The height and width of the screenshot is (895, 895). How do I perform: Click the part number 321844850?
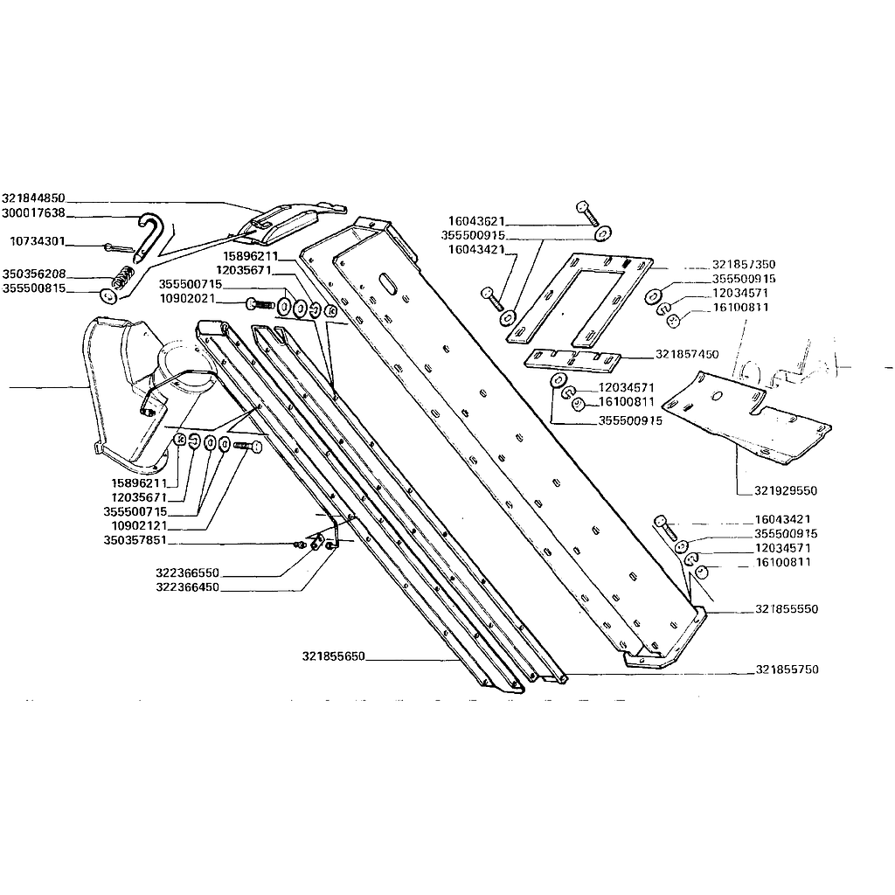[x=34, y=198]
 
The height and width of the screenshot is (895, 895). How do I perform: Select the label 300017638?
[x=34, y=213]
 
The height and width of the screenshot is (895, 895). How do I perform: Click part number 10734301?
[x=38, y=241]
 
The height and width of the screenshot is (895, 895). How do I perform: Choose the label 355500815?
[x=34, y=288]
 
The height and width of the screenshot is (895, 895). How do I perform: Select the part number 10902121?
[x=139, y=525]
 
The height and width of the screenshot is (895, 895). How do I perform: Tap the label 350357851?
[x=135, y=540]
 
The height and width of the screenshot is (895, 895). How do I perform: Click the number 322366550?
[x=188, y=572]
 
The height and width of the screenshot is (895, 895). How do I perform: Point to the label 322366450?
[x=188, y=586]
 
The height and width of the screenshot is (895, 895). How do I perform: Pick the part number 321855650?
[x=333, y=656]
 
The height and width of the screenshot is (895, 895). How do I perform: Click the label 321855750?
[x=787, y=669]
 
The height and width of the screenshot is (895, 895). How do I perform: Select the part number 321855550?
[x=787, y=608]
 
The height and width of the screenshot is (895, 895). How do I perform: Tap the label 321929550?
[x=786, y=490]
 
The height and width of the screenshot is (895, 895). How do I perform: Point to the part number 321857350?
[x=744, y=264]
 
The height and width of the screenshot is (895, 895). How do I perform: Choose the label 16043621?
[x=476, y=221]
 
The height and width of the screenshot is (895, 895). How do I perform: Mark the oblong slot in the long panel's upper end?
[x=391, y=282]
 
